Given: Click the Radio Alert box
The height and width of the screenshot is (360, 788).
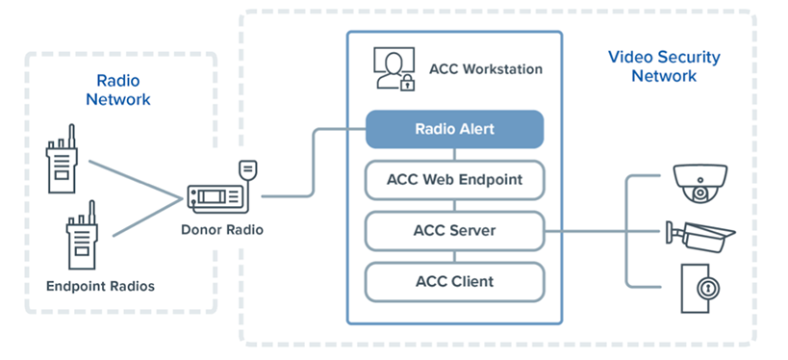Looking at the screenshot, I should [454, 129].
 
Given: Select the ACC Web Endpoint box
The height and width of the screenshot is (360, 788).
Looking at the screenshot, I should [454, 180].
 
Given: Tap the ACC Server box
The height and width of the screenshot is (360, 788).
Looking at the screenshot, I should [454, 231].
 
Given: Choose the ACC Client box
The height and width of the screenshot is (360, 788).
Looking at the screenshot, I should [454, 281].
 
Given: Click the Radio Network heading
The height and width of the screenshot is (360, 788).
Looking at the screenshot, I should [118, 90].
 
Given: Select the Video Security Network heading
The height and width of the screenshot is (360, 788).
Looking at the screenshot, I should [664, 65].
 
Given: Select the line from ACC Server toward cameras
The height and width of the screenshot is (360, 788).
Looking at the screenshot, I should [587, 231].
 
